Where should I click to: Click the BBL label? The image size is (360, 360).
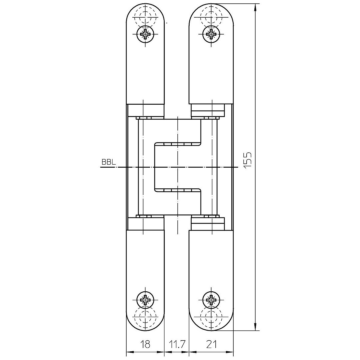point(109,162)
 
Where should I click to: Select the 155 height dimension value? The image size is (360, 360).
point(248,160)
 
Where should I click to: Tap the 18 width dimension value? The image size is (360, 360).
point(145,344)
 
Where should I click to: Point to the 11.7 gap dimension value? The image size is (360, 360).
point(177,344)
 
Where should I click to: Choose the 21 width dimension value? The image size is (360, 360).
point(211,344)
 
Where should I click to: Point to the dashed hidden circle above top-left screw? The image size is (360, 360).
point(145,6)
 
